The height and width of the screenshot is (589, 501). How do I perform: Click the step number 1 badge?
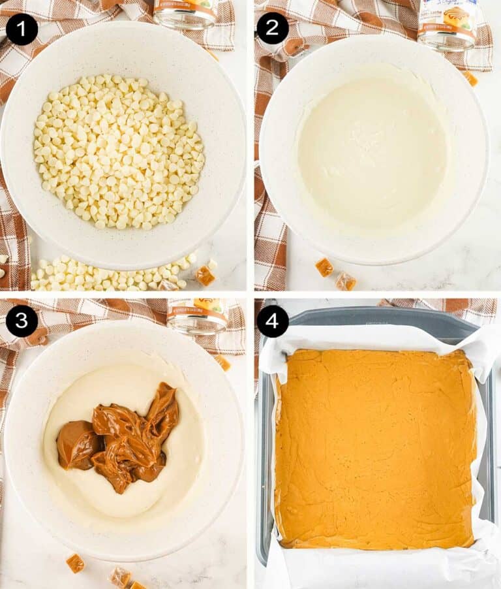(x=22, y=29)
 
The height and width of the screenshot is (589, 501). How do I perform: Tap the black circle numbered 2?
(x=272, y=29)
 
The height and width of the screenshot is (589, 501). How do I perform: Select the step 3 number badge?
(x=22, y=321)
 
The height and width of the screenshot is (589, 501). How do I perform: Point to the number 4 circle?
(x=272, y=321)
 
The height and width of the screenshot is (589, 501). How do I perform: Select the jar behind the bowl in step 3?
(x=197, y=315)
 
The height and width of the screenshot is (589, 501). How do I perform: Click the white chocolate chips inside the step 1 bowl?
(x=119, y=151)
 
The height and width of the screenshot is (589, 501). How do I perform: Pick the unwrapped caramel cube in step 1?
(x=205, y=276)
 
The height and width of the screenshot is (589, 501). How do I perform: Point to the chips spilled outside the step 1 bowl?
(x=98, y=274)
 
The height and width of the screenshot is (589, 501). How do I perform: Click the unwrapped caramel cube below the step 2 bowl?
(x=324, y=267)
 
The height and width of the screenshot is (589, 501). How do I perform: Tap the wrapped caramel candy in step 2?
(x=345, y=281)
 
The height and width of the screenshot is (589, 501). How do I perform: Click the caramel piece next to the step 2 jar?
(x=470, y=78)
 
